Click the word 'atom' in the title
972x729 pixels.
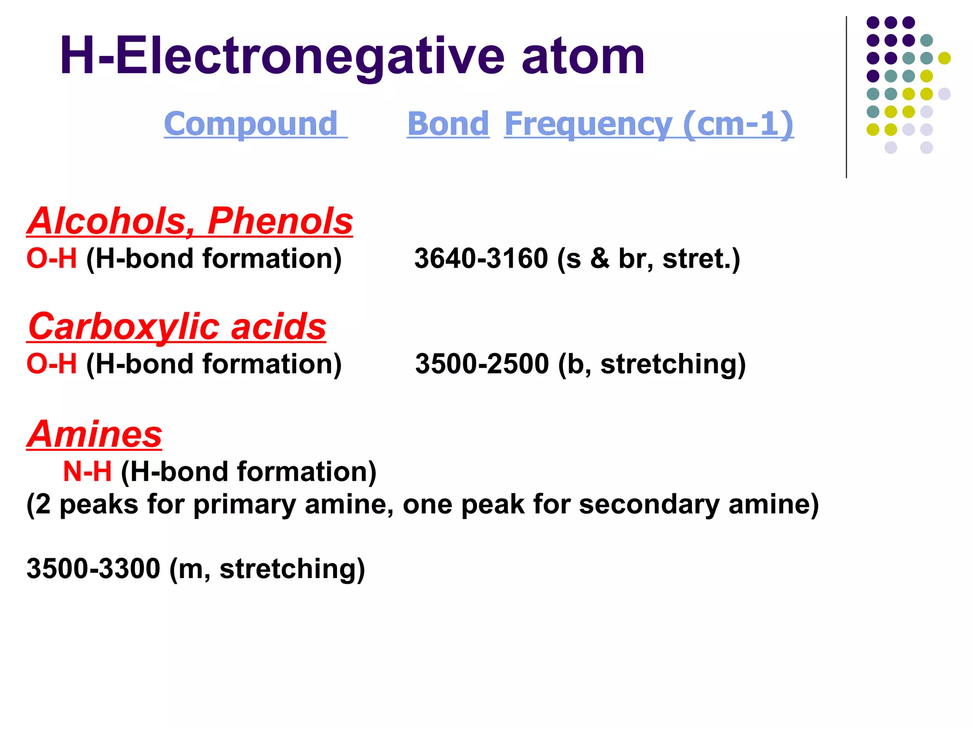pos(583,57)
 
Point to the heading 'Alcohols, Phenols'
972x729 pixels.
pos(190,221)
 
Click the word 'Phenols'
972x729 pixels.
pos(280,221)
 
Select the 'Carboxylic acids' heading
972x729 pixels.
pos(177,327)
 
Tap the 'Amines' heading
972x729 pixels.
pos(94,434)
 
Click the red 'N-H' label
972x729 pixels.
pos(87,472)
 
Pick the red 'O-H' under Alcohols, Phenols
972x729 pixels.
pos(51,259)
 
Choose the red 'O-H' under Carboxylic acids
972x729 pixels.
pos(51,364)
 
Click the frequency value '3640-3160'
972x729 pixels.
pos(481,259)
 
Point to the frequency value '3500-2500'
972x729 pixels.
pos(482,364)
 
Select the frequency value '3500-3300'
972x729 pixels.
pos(93,569)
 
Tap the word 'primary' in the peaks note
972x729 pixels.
pos(244,504)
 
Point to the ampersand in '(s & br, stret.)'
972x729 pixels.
pos(599,259)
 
